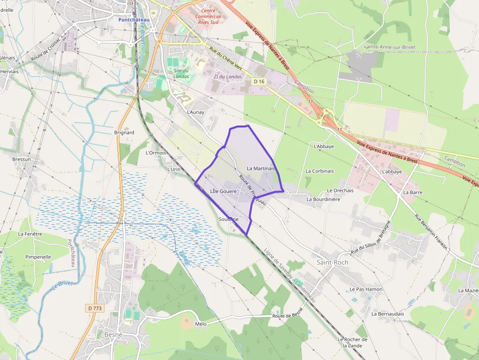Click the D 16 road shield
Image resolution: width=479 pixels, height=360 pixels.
[x=260, y=82]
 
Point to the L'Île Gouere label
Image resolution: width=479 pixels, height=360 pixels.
[x=223, y=191]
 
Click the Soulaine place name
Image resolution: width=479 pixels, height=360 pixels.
[x=229, y=219]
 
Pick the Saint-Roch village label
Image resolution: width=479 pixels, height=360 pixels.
[x=332, y=262]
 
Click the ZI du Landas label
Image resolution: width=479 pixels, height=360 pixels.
[x=228, y=77]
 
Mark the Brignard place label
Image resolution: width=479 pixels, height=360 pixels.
[x=124, y=132]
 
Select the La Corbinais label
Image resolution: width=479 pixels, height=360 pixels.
[x=320, y=171]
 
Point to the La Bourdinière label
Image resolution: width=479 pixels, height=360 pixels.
[x=323, y=199]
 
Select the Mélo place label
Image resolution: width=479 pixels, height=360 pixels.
[x=200, y=324]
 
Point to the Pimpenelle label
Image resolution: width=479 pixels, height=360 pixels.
[x=38, y=256]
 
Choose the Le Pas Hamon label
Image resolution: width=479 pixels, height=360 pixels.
[x=366, y=289]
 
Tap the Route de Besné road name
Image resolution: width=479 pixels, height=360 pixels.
[x=288, y=313]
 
